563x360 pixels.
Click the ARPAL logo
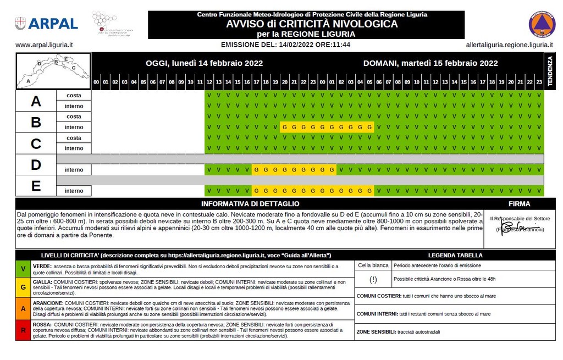[x=46, y=24]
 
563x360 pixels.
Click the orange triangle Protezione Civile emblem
[x=542, y=24]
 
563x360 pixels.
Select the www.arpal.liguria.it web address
[x=45, y=45]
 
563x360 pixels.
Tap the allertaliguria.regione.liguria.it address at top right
[x=505, y=45]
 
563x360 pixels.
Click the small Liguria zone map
[x=53, y=71]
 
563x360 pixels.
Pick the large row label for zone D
[x=36, y=165]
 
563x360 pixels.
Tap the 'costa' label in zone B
[x=74, y=117]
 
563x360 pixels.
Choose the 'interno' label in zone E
[x=74, y=191]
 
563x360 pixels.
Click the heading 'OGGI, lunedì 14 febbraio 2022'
[x=204, y=63]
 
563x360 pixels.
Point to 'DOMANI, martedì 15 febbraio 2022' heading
[x=430, y=63]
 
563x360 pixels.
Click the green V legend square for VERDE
[x=23, y=269]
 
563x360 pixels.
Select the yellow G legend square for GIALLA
[x=23, y=287]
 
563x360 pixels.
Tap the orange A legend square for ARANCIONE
[x=23, y=309]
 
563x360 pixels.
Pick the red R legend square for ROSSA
[x=23, y=330]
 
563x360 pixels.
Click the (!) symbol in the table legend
[x=373, y=279]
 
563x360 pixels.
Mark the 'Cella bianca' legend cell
[x=373, y=265]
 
